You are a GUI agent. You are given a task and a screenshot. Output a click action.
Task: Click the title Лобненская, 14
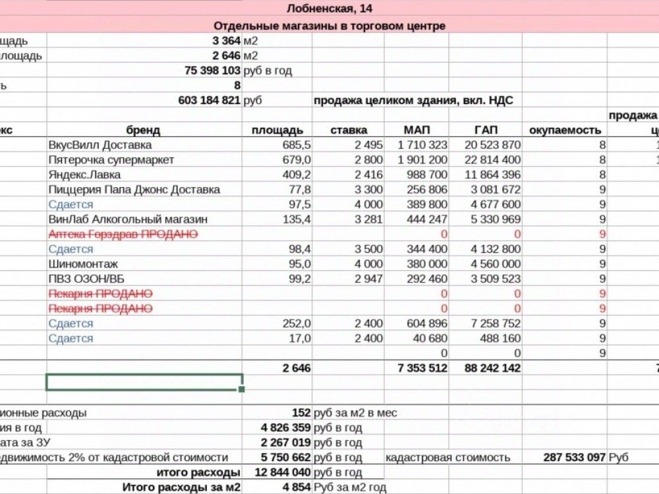pyautogui.click(x=329, y=9)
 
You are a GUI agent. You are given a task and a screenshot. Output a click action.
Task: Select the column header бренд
pyautogui.click(x=144, y=130)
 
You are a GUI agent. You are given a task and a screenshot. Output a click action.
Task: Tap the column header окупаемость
pyautogui.click(x=564, y=130)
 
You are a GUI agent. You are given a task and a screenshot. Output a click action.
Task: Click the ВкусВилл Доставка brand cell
pyautogui.click(x=100, y=145)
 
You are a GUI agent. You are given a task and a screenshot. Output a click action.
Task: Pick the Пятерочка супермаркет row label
pyautogui.click(x=111, y=160)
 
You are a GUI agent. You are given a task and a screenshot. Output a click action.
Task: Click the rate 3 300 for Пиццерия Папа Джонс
pyautogui.click(x=368, y=190)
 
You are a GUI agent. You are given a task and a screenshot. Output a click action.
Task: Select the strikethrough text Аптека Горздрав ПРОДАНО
pyautogui.click(x=123, y=234)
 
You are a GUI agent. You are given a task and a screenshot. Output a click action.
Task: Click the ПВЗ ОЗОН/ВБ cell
pyautogui.click(x=81, y=279)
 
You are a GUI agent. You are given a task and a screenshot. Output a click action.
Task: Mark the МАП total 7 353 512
pyautogui.click(x=422, y=368)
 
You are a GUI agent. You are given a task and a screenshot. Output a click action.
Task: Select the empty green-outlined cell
pyautogui.click(x=144, y=382)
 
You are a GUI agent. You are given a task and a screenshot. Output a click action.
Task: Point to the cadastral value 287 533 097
pyautogui.click(x=573, y=457)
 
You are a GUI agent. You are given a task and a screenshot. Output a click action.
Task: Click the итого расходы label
pyautogui.click(x=198, y=472)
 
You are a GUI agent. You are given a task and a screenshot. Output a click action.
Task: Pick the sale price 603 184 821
pyautogui.click(x=209, y=101)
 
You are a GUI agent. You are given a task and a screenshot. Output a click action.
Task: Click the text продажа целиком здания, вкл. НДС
pyautogui.click(x=413, y=101)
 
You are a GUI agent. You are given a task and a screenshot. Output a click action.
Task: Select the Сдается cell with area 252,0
pyautogui.click(x=71, y=323)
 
